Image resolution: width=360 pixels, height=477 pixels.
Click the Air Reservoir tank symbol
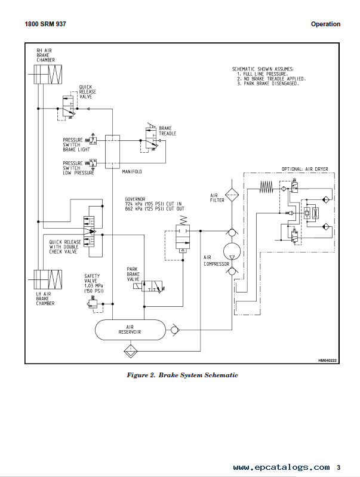pos(130,330)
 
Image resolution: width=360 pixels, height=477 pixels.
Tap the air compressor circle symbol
pos(232,251)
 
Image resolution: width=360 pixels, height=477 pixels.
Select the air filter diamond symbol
pos(232,195)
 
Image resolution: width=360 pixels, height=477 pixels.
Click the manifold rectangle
pos(112,152)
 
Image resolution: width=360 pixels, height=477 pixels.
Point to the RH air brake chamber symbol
pos(48,74)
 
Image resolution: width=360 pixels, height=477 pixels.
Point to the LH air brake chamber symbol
pos(48,279)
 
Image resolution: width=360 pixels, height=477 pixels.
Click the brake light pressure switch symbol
pos(91,140)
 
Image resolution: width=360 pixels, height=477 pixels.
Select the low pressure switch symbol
pos(91,163)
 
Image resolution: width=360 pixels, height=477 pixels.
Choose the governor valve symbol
pos(183,236)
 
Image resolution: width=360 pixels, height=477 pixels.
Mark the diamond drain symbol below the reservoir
pos(131,351)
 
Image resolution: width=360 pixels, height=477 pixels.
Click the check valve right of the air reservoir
pos(174,330)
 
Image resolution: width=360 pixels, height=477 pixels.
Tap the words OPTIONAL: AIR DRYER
pos(304,169)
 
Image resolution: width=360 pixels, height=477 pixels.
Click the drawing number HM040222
pos(327,361)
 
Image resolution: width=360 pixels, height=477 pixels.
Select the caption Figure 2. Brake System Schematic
pos(182,375)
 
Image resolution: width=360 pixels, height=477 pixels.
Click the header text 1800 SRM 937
pos(45,24)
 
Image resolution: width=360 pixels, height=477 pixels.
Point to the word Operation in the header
pos(325,24)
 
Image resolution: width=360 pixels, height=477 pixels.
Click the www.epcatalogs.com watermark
pos(281,467)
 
